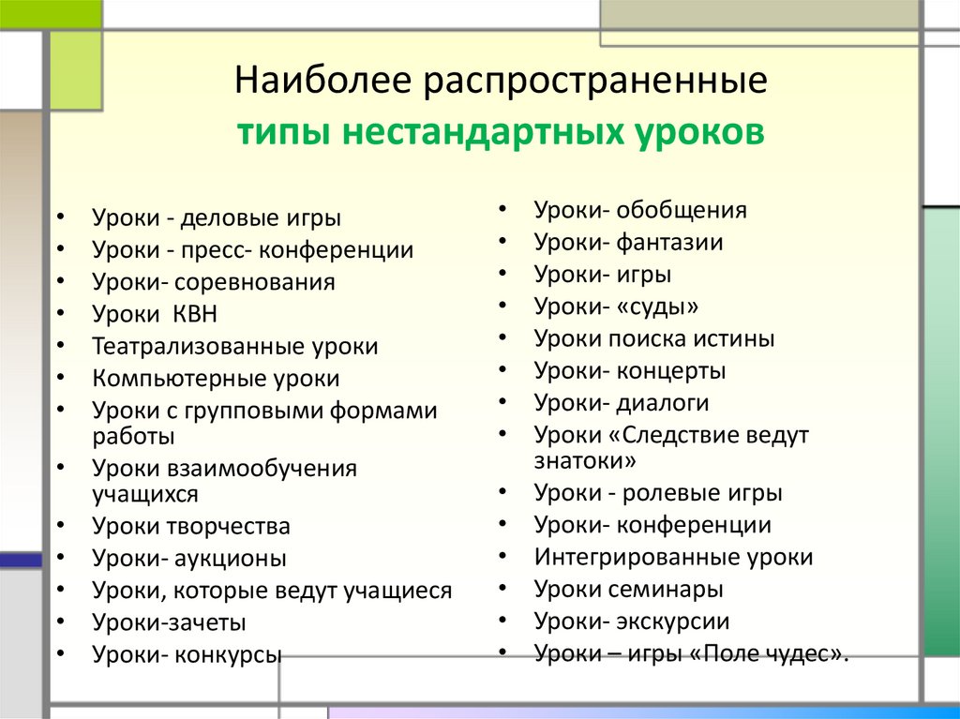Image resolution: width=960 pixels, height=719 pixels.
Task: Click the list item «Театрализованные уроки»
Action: (x=235, y=346)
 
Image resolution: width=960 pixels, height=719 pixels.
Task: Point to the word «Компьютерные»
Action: (x=170, y=379)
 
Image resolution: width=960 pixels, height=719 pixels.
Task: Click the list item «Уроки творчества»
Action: (x=191, y=526)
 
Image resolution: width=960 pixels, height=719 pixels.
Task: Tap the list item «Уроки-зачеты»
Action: (x=170, y=622)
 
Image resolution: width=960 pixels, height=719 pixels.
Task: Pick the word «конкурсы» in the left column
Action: (x=228, y=654)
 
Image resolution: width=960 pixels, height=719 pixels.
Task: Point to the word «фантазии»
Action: (x=669, y=243)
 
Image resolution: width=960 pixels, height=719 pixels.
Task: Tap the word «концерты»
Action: (x=671, y=371)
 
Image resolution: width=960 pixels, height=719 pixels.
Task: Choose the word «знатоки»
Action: (x=586, y=460)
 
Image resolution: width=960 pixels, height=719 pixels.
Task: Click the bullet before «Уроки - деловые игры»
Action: (x=61, y=219)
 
